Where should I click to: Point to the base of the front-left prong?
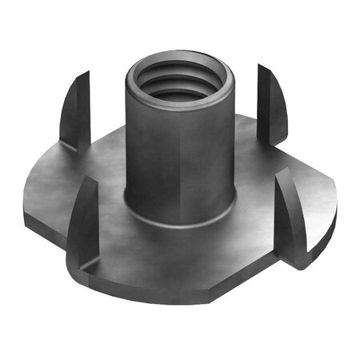pos(80,260)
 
